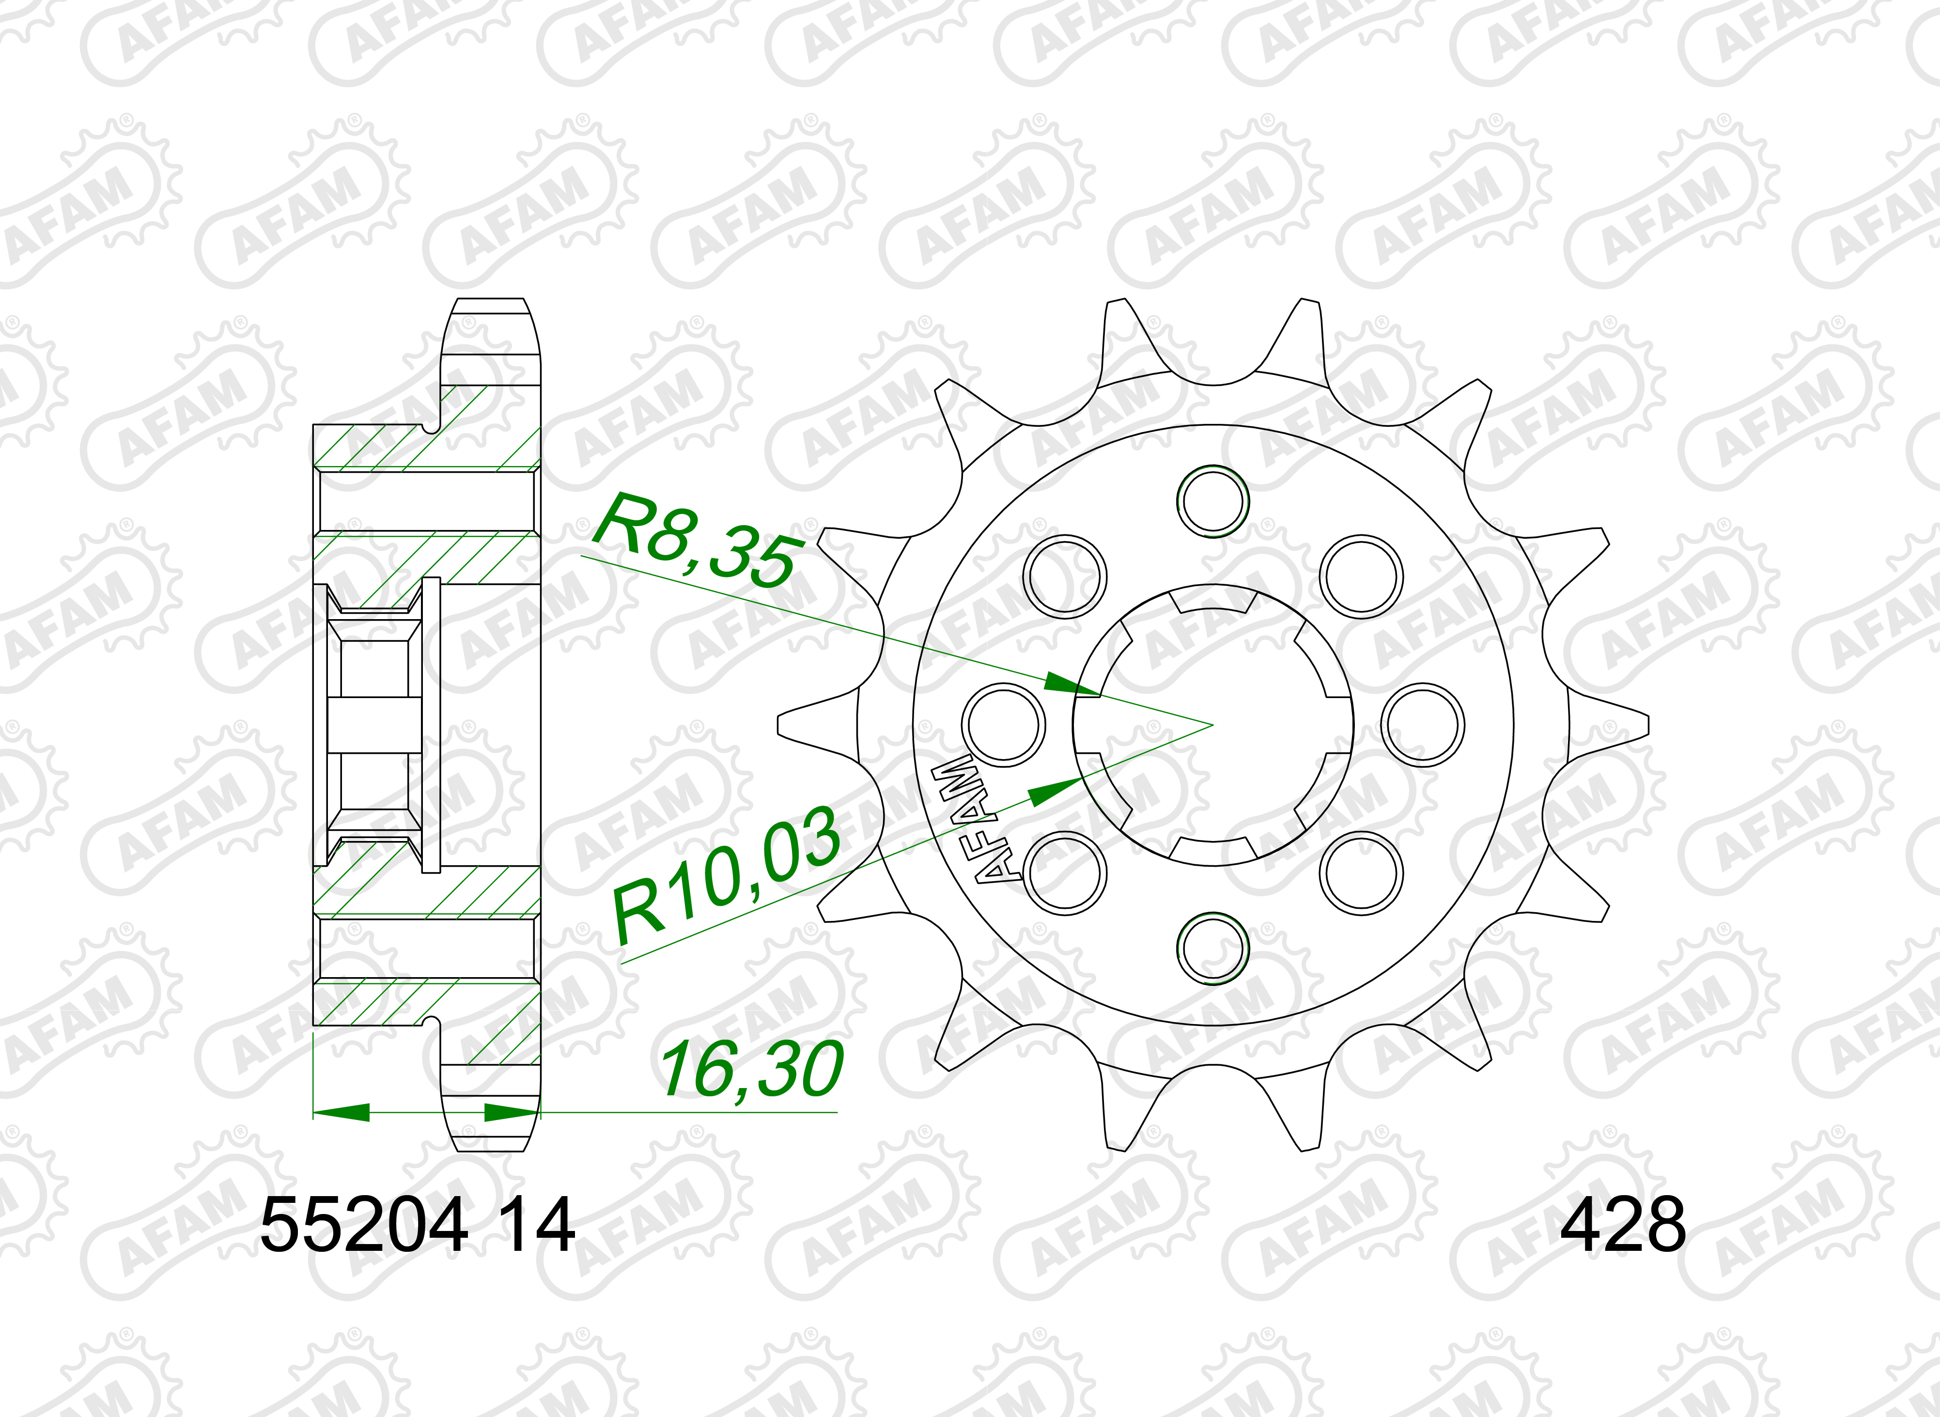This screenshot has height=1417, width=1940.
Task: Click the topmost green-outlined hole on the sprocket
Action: tap(1213, 501)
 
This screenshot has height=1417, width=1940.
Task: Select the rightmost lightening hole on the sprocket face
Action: tap(1424, 725)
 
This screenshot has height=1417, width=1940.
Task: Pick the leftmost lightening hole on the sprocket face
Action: tap(1004, 725)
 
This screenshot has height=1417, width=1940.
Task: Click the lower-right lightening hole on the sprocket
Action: tap(1361, 873)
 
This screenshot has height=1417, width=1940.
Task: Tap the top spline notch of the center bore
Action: tap(1213, 599)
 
